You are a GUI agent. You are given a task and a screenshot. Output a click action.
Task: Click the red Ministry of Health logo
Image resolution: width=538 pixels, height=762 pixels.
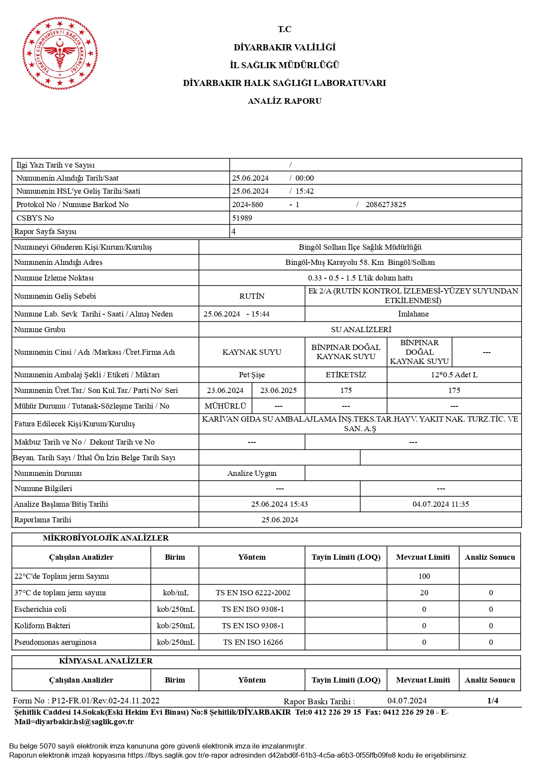(x=60, y=53)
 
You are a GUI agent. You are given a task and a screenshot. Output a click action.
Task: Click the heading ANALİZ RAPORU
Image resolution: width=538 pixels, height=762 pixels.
(x=284, y=101)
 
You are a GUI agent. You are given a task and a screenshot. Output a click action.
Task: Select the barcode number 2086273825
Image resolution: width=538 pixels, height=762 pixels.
(x=386, y=205)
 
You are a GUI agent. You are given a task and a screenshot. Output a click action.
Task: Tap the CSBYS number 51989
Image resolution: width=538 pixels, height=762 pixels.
(x=242, y=218)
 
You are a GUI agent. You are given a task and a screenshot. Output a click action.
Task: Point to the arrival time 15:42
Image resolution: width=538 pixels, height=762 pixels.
(x=305, y=191)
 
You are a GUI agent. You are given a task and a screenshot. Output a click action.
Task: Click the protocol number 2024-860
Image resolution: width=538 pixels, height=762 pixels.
(x=248, y=205)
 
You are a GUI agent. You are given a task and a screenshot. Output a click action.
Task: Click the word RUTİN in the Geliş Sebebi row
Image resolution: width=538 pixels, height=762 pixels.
(x=252, y=296)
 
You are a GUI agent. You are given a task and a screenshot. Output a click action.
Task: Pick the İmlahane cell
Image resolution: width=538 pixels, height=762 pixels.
(x=413, y=314)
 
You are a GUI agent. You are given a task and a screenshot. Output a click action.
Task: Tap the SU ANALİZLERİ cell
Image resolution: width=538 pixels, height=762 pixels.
(x=361, y=330)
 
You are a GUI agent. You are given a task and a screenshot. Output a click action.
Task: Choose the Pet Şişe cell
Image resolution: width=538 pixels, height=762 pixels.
(x=252, y=375)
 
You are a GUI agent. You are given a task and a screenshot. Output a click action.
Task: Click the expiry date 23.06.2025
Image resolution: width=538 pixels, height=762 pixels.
(x=278, y=390)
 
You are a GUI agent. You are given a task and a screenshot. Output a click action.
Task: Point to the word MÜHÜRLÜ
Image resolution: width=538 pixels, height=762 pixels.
(x=225, y=406)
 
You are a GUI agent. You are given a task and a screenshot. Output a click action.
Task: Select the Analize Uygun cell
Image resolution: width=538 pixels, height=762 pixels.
(x=252, y=473)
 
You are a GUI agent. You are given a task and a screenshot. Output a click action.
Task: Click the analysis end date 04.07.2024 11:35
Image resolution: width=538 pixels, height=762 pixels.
(x=440, y=504)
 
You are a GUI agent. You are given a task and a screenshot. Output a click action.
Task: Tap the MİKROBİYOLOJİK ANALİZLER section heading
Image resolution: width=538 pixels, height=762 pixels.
(x=105, y=538)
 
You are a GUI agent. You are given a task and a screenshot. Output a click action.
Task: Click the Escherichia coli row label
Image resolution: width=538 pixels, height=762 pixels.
(x=40, y=609)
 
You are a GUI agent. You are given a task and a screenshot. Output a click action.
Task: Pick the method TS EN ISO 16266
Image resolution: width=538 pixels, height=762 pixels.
(x=253, y=642)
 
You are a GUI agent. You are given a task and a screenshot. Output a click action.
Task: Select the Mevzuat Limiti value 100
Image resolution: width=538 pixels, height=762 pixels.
(x=424, y=576)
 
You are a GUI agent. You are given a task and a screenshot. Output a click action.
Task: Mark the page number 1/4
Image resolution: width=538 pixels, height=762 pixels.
(x=492, y=700)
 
